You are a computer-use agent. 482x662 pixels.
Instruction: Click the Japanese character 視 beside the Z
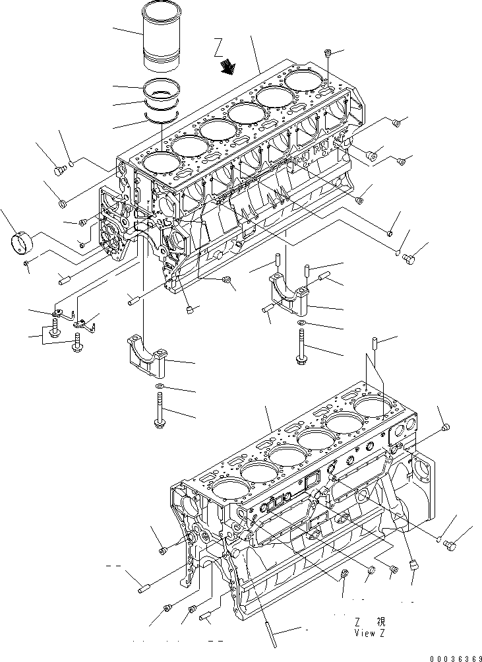pos(380,622)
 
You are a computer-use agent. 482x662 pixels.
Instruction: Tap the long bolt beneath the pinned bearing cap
pos(299,347)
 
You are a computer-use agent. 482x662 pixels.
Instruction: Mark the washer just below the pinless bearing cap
pos(160,386)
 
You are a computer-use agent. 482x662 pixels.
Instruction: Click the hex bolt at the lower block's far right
pos(452,545)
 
